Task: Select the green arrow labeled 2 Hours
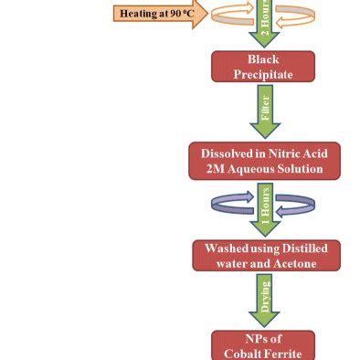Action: pyautogui.click(x=263, y=20)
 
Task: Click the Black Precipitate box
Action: pyautogui.click(x=263, y=67)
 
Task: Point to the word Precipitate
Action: pyautogui.click(x=263, y=74)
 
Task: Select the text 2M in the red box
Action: pyautogui.click(x=224, y=169)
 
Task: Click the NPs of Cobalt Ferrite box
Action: pyautogui.click(x=263, y=345)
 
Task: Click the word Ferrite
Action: pyautogui.click(x=283, y=354)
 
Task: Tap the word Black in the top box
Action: pyautogui.click(x=263, y=59)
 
